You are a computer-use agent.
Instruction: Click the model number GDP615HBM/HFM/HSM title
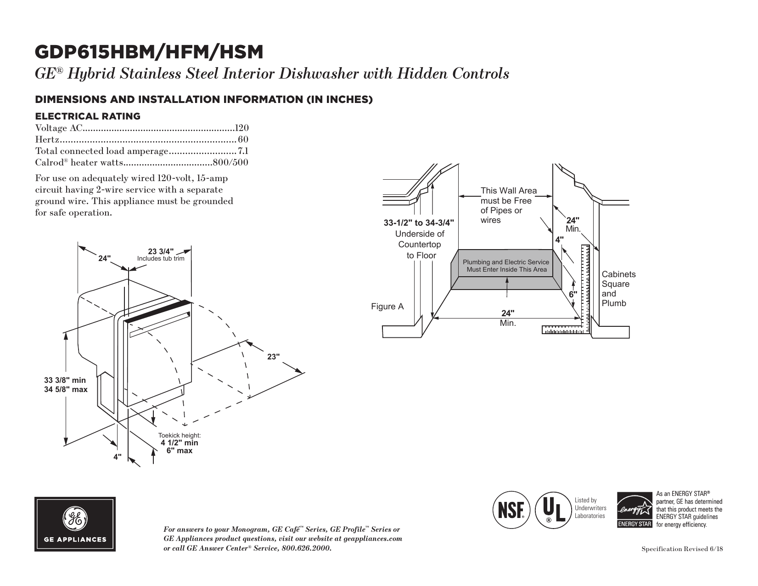point(149,52)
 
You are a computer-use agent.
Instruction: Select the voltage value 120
point(241,127)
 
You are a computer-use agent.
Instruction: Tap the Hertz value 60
point(243,139)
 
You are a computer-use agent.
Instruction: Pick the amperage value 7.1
point(243,151)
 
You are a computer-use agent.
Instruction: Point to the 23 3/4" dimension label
point(161,251)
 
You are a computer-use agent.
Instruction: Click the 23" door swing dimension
point(274,357)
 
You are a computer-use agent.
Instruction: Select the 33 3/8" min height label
point(65,381)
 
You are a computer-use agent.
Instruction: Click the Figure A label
point(387,307)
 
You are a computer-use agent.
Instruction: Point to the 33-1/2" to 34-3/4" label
point(419,223)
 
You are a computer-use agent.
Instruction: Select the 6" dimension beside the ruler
point(573,294)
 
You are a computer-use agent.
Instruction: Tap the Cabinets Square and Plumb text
point(618,289)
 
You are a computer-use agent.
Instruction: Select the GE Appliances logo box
point(75,523)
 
